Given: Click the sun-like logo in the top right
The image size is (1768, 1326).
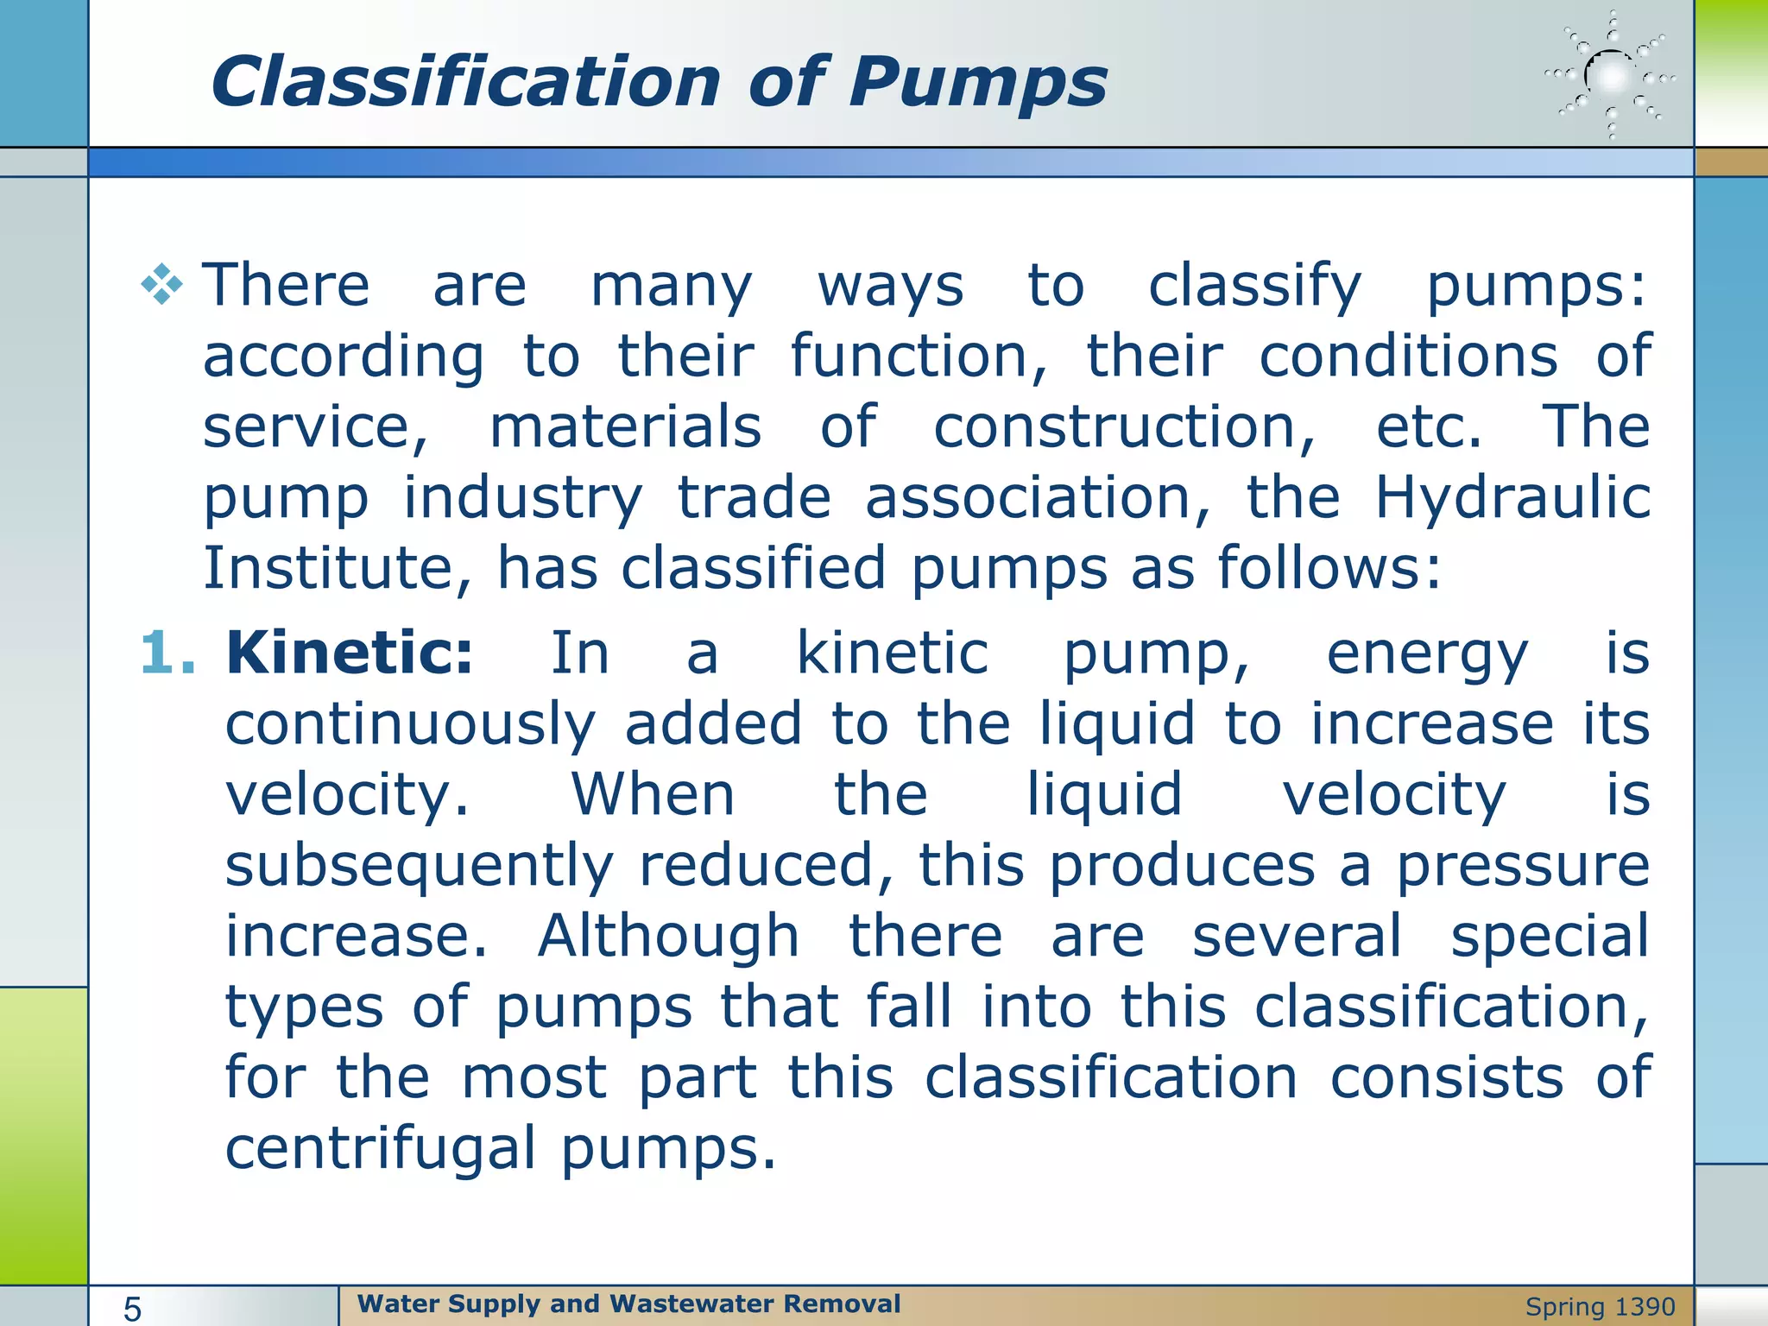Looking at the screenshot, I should (x=1611, y=77).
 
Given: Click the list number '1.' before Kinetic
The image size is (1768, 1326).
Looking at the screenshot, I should (x=167, y=653).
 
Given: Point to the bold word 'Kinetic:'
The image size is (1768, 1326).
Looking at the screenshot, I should (x=350, y=653).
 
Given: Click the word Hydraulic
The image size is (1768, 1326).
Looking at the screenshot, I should (x=1512, y=498).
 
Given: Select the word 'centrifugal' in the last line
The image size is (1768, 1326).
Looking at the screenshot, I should (x=381, y=1149).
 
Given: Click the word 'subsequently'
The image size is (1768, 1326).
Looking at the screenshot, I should (x=420, y=866).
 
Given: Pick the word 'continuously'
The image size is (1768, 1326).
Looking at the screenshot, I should (x=410, y=724).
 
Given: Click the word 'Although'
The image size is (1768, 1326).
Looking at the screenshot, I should (x=668, y=937).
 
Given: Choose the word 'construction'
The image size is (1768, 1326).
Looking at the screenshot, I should (x=1125, y=427).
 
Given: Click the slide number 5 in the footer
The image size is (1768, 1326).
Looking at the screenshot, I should (x=132, y=1309).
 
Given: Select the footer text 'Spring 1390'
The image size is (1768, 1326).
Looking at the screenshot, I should (x=1600, y=1307).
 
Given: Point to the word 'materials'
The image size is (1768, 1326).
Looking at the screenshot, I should (x=626, y=427).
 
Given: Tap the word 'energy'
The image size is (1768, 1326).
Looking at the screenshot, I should (x=1428, y=654).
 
